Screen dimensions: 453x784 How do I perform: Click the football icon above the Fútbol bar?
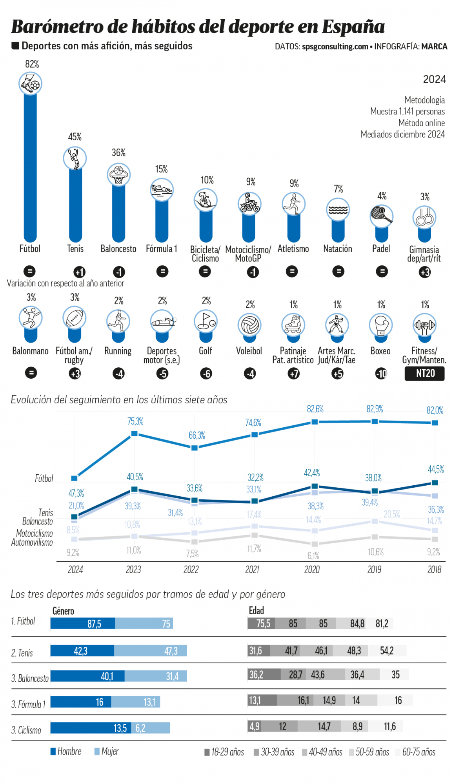30,83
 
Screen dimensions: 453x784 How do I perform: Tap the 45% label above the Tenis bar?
75,137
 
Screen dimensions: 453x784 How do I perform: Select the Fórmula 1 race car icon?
162,190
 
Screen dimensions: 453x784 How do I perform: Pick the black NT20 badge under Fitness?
425,373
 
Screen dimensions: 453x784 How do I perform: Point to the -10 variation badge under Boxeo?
381,374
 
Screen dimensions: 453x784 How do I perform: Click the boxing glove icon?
381,325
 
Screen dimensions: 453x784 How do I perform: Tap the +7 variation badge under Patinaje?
294,374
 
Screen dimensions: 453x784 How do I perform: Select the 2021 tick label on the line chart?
252,570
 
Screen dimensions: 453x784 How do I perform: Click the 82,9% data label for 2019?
375,409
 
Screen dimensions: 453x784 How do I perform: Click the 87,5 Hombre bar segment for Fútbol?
83,623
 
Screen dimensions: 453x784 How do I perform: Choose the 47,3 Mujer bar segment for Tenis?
150,651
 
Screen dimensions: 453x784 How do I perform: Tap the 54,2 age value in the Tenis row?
387,651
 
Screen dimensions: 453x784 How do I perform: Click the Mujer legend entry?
106,751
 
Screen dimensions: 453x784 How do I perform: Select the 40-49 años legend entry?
322,752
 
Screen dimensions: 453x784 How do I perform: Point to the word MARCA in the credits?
434,47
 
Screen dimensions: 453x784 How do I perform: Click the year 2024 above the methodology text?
434,80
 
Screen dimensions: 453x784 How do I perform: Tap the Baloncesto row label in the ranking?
30,678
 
